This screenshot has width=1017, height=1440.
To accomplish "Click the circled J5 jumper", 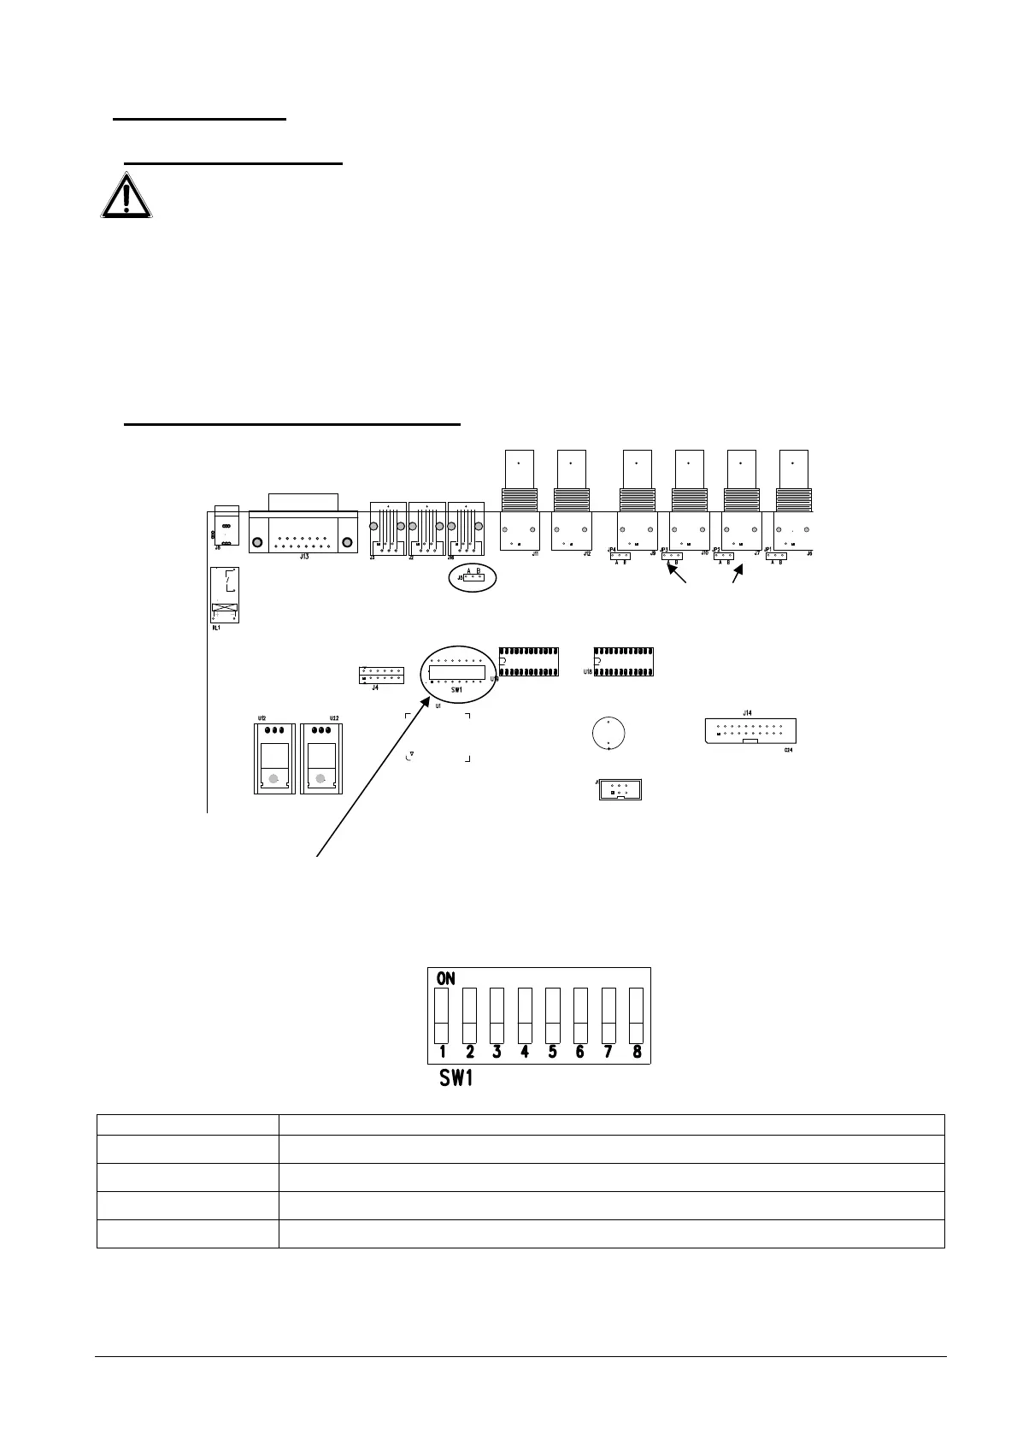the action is click(473, 577).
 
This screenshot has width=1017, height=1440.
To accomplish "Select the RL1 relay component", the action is click(225, 595).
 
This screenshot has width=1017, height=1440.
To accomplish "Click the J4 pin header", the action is click(381, 675).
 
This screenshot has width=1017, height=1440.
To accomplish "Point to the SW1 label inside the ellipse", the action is click(456, 689).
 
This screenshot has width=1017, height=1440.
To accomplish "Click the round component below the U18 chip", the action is click(608, 734).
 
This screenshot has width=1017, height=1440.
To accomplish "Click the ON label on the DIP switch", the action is click(446, 977).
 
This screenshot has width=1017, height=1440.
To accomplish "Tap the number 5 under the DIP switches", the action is click(552, 1052).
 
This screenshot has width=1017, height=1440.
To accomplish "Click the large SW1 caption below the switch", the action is click(456, 1078).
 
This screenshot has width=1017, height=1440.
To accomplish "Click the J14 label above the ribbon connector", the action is click(747, 711).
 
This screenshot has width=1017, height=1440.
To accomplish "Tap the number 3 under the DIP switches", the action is click(497, 1052).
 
